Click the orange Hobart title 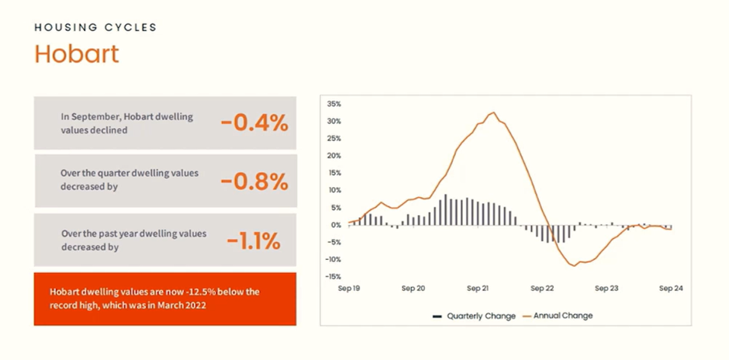pos(77,54)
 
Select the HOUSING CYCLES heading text pos(95,27)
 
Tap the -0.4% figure pos(255,123)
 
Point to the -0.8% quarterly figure pos(255,182)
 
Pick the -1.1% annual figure pos(254,241)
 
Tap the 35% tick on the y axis pos(333,104)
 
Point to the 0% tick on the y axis pos(337,225)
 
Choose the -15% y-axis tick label pos(333,277)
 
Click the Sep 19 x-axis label pos(349,289)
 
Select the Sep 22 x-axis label pos(542,289)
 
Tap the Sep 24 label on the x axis pos(671,289)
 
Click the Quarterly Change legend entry pos(474,317)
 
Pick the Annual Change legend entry pos(558,316)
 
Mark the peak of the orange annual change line pos(494,112)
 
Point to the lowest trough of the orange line pos(574,266)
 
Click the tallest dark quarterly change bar pos(445,209)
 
